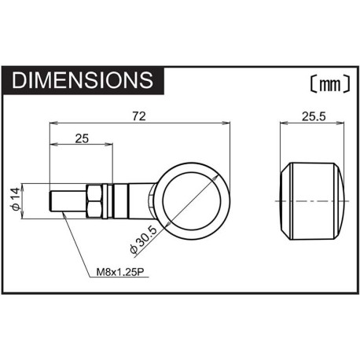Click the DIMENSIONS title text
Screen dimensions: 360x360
83,80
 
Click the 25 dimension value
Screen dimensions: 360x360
82,140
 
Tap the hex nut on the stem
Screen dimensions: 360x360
94,201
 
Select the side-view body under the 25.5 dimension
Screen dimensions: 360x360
314,201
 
